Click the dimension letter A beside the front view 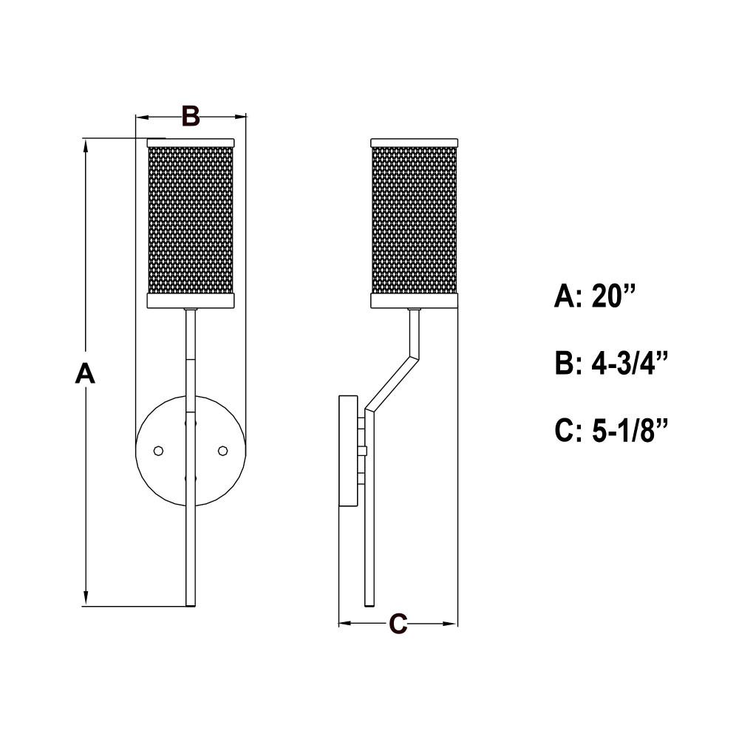coord(85,374)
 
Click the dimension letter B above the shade coord(191,116)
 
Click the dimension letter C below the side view coord(398,624)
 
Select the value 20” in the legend coord(613,297)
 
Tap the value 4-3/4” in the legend coord(630,364)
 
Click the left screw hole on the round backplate coord(159,451)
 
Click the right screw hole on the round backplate coord(222,451)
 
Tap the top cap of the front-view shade coord(191,143)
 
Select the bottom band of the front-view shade coord(191,301)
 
